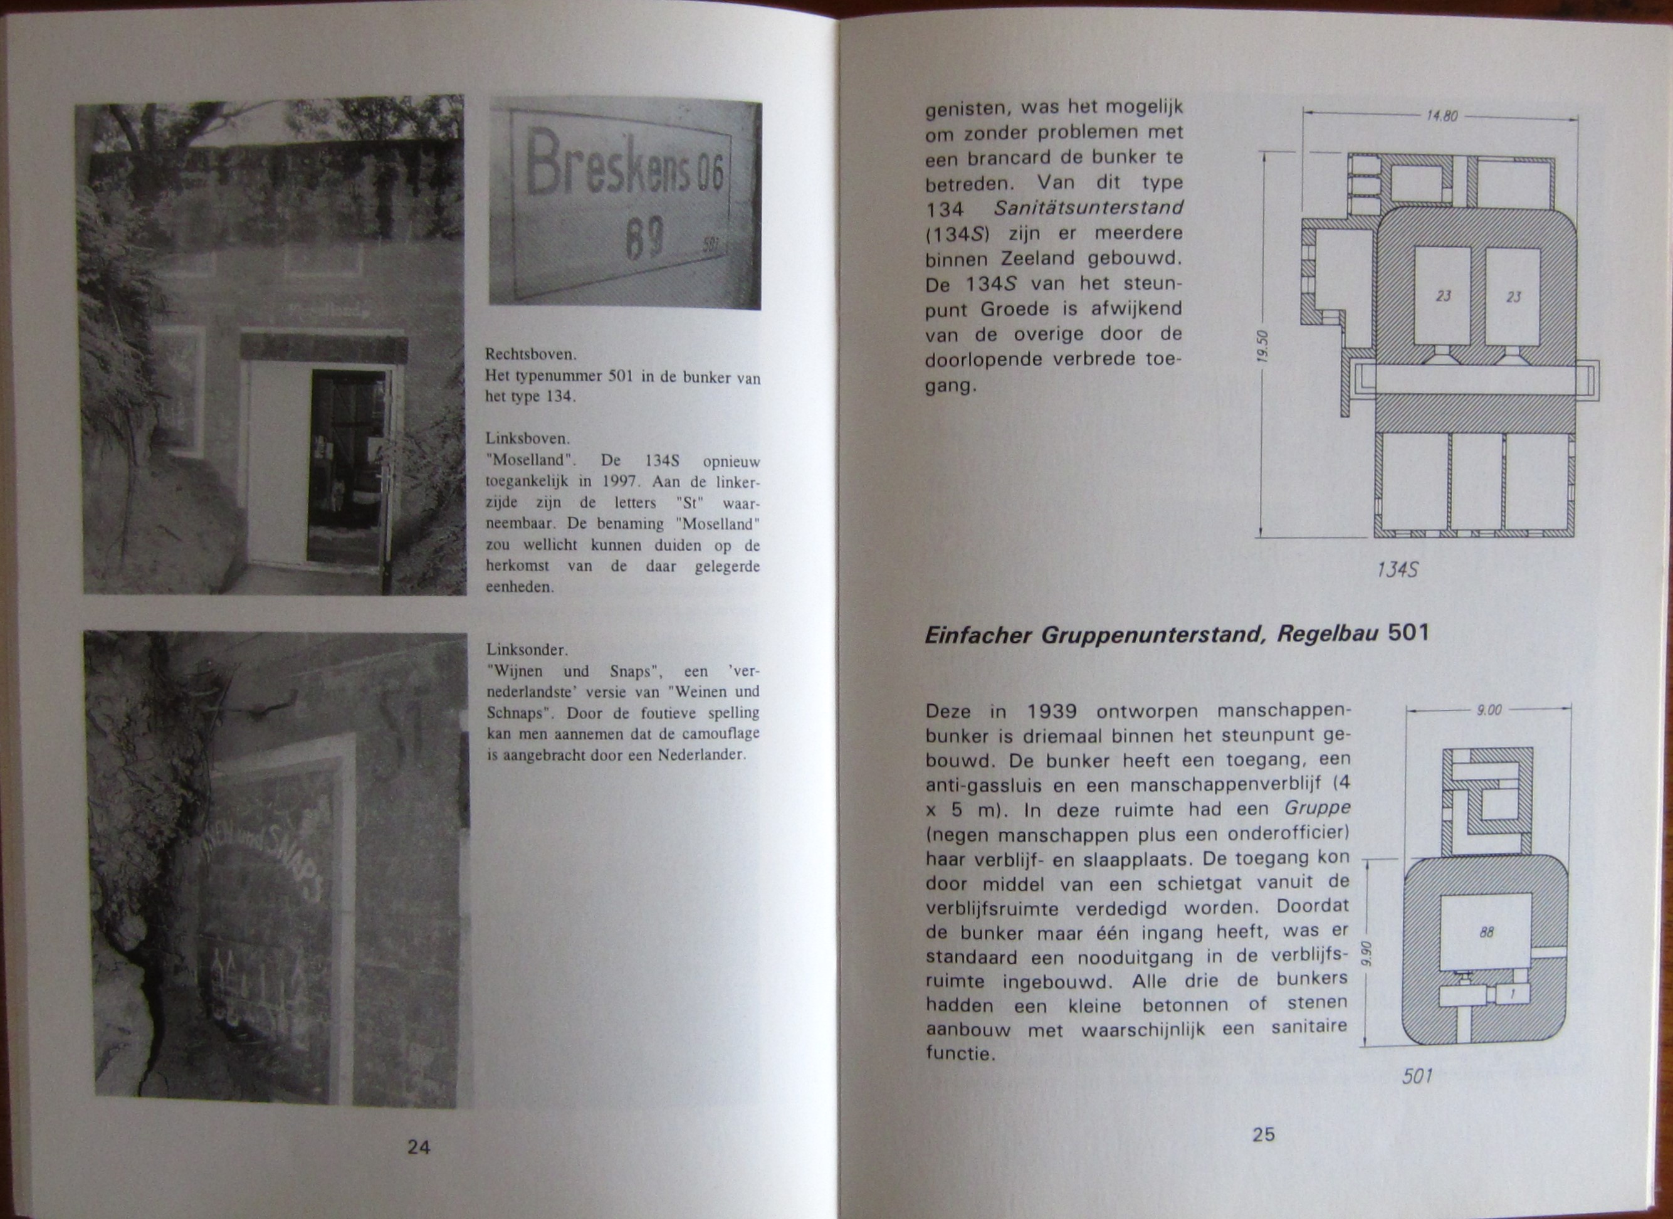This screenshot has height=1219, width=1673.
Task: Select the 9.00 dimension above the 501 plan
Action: point(1489,710)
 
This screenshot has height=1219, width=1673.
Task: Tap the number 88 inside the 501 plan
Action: point(1486,932)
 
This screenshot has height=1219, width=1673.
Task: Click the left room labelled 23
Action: point(1443,296)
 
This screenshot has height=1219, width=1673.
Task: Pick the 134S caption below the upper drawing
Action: point(1397,569)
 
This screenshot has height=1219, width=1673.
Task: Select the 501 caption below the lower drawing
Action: point(1417,1076)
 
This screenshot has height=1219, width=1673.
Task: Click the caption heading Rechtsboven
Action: point(530,354)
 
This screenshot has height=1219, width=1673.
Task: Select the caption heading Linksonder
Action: point(527,650)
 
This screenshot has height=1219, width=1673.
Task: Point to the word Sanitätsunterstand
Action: point(1088,208)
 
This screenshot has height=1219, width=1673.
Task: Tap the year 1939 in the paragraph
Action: point(1051,712)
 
